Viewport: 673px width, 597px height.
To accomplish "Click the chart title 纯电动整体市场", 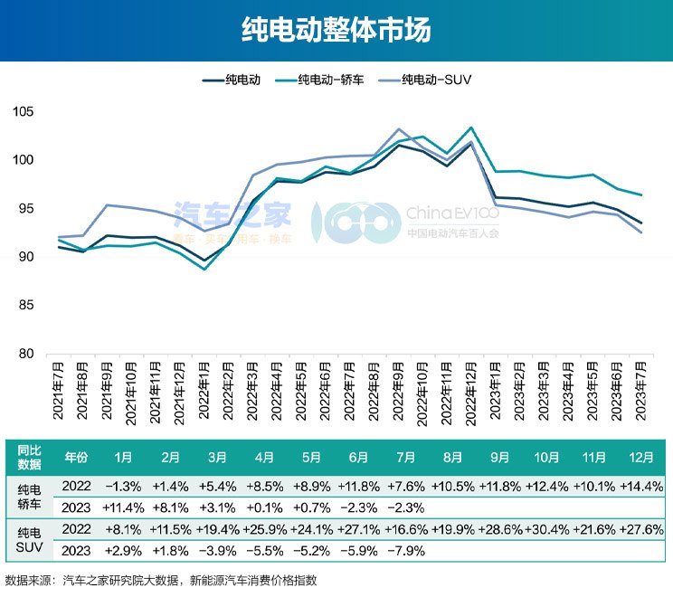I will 336,30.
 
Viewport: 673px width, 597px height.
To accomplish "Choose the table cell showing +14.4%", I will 643,487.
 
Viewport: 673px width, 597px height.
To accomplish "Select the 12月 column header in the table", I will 643,457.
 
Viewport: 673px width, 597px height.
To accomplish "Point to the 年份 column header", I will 76,457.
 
